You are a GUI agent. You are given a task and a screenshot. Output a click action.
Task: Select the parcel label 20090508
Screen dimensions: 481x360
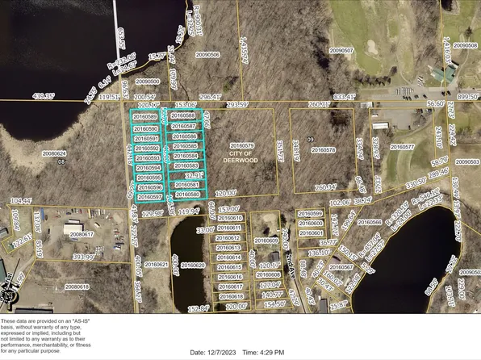466,46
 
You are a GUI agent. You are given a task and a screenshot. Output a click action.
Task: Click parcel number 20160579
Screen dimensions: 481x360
240,145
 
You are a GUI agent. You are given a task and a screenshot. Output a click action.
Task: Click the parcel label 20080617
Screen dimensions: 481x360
82,235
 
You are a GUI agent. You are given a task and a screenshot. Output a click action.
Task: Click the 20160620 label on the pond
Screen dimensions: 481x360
192,265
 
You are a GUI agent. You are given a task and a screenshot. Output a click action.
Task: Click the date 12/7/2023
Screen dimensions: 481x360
220,353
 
